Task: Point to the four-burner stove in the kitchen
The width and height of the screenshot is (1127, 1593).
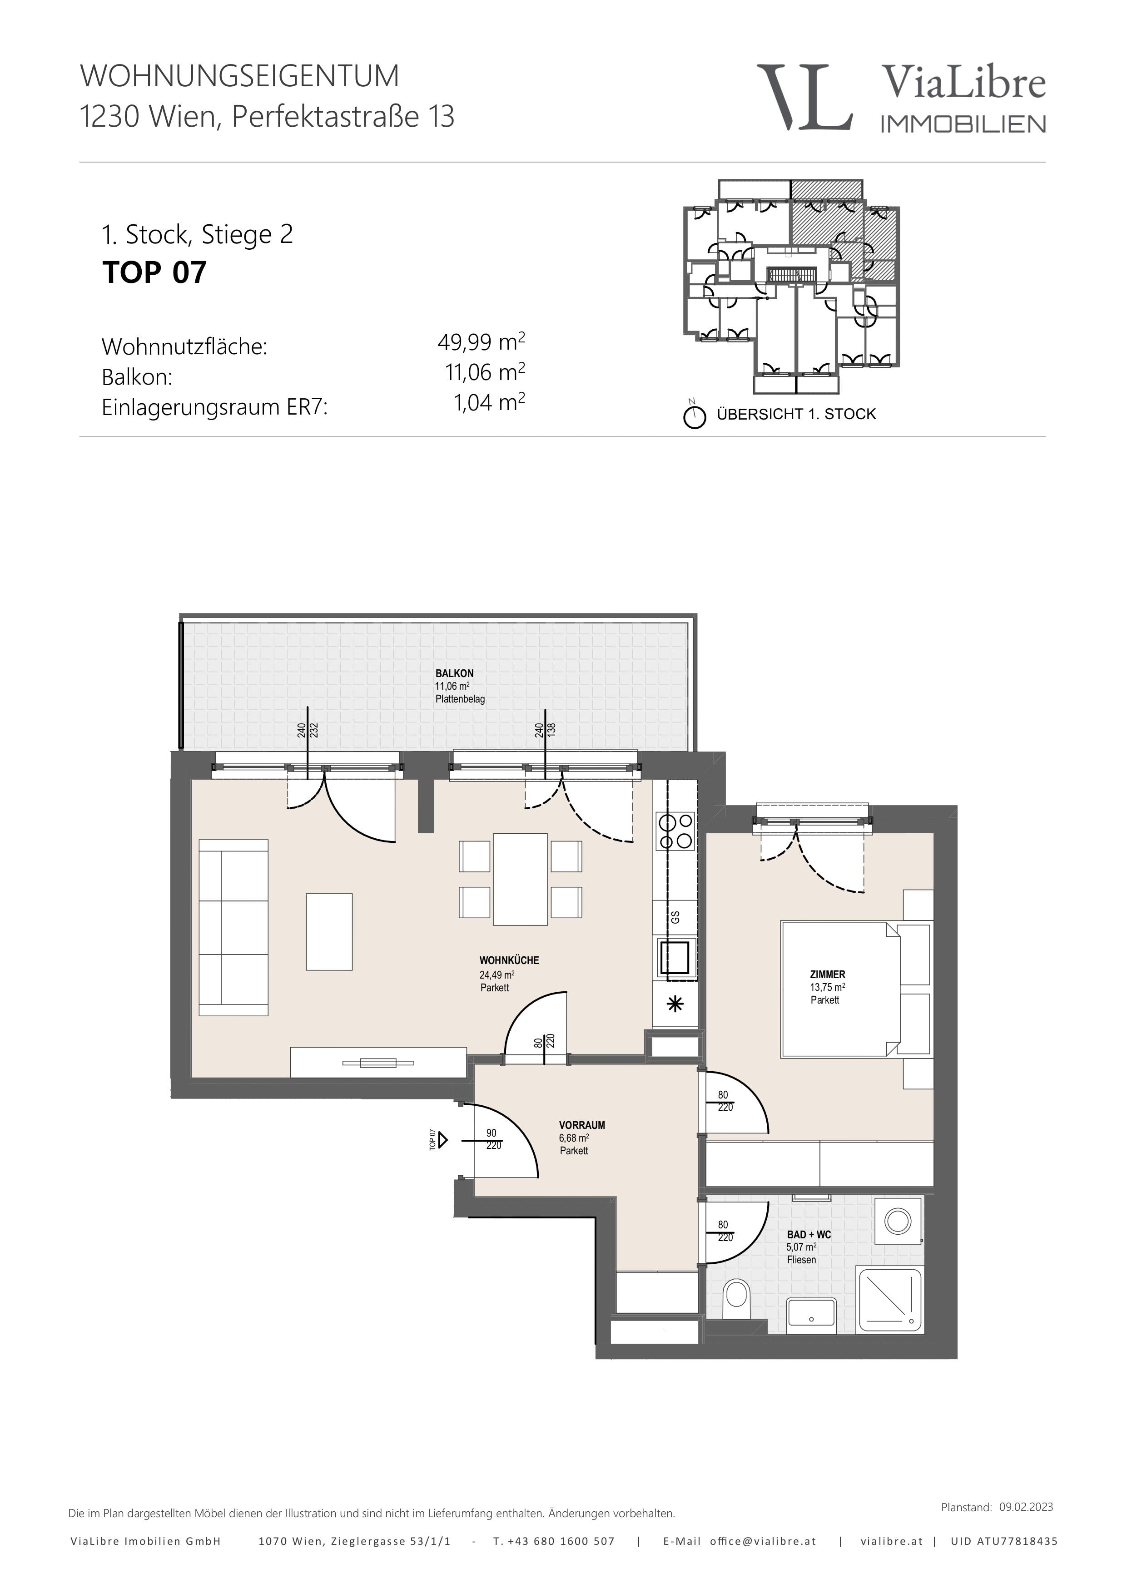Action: coord(675,831)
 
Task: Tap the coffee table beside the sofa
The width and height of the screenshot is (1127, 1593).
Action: coord(329,932)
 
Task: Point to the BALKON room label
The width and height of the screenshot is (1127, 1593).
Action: coord(455,673)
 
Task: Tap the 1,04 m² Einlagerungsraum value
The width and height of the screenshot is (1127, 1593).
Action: coord(489,402)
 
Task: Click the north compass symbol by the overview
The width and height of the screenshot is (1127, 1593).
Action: coord(694,416)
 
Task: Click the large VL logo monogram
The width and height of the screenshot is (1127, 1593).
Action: coord(805,97)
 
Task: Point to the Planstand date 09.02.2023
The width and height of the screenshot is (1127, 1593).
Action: coord(1026,1501)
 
